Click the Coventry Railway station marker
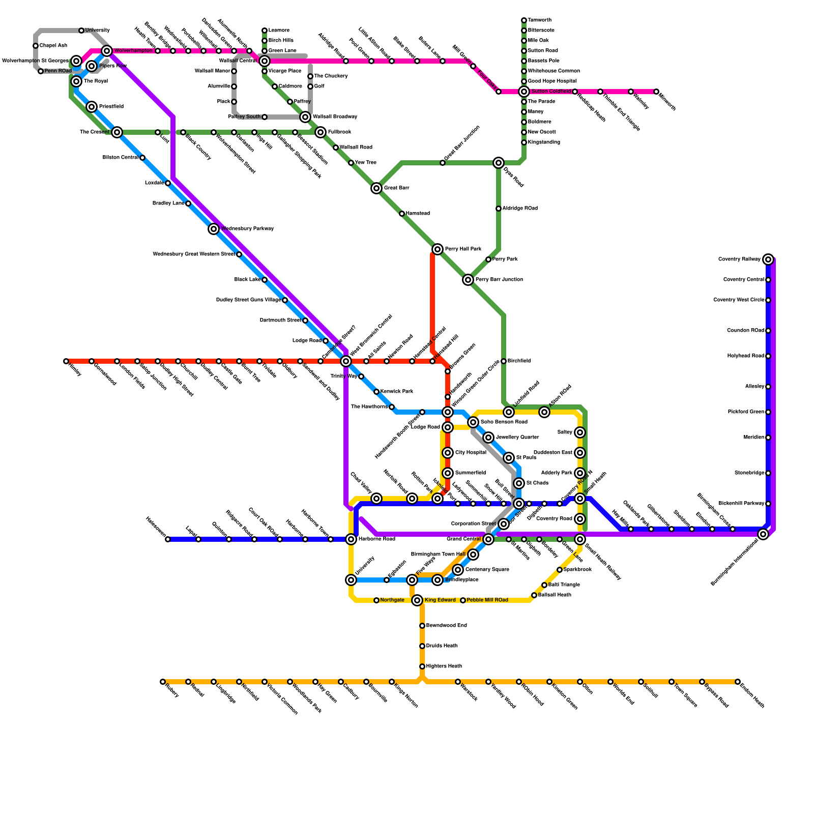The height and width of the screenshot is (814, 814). click(768, 259)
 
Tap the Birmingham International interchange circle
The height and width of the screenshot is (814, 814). click(763, 534)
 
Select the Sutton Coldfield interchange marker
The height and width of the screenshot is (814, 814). click(524, 92)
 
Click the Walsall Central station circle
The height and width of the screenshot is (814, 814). click(264, 61)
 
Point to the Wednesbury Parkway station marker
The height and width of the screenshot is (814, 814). click(214, 229)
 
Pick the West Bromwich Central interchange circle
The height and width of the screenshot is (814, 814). click(346, 361)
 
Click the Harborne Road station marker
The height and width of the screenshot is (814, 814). click(351, 539)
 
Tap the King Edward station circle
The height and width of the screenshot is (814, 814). click(417, 600)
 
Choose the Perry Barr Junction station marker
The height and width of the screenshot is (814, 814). click(468, 280)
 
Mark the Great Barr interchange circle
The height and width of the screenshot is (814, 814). click(376, 188)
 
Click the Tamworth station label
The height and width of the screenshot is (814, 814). click(540, 20)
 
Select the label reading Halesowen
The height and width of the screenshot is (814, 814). click(155, 527)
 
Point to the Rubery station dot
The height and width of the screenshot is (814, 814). click(163, 682)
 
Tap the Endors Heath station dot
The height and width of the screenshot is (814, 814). click(738, 682)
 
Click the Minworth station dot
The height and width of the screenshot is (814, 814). click(656, 92)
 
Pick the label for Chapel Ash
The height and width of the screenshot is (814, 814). click(53, 46)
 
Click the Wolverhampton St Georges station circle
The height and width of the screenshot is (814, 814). click(76, 61)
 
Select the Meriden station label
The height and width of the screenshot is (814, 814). click(754, 438)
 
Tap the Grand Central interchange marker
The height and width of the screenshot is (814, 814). click(488, 539)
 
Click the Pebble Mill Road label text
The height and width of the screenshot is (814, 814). click(487, 600)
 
